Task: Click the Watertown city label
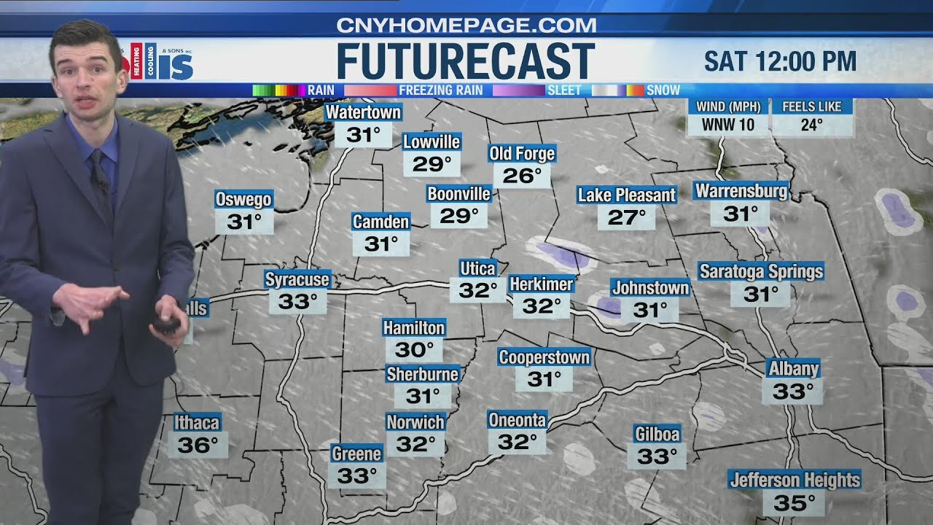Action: tap(363, 112)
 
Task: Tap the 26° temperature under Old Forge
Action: tap(522, 176)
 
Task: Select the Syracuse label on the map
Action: tap(297, 279)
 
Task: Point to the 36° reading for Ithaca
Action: tap(198, 445)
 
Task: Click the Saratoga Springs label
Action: tap(761, 271)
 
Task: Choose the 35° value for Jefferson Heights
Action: tap(794, 503)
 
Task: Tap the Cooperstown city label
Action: tap(544, 357)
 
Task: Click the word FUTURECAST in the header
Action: tap(466, 61)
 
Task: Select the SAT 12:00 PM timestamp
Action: tap(780, 62)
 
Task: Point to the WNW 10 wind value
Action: tap(727, 125)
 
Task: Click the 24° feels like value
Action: tap(811, 125)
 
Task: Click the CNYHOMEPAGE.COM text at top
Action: tap(466, 25)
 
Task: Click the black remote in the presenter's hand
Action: tap(168, 324)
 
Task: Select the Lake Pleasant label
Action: tap(627, 195)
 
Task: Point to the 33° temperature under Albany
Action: tap(792, 392)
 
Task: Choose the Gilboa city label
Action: tap(657, 435)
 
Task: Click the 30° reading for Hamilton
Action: tap(414, 350)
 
